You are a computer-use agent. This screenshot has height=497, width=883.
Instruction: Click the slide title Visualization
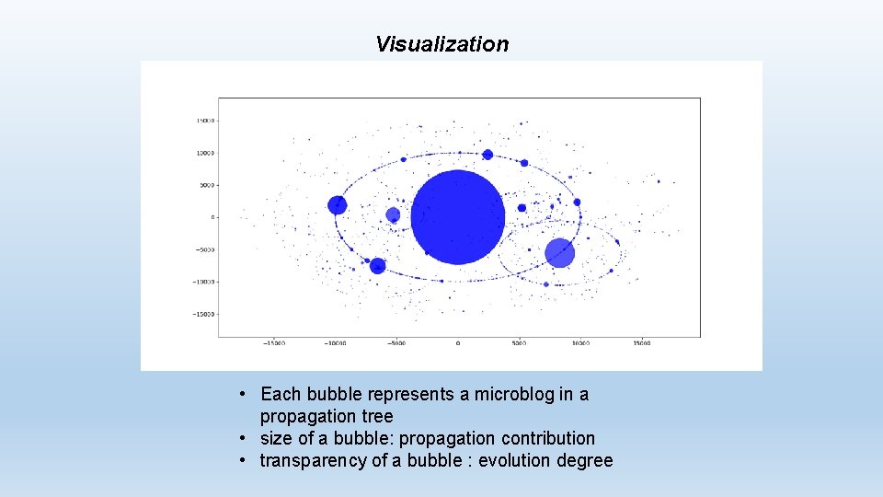coord(441,44)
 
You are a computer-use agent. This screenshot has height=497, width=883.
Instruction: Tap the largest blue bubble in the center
coord(457,217)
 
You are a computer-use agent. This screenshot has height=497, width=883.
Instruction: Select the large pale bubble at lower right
coord(559,253)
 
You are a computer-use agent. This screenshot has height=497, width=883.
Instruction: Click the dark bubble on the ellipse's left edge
coord(338,205)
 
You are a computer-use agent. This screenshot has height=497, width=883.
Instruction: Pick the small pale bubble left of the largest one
coord(393,215)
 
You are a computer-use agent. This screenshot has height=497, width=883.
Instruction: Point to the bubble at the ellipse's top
coord(487,155)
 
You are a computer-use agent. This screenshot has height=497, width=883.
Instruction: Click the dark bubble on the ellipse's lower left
coord(377,266)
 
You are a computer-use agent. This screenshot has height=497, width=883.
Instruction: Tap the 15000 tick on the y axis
coord(204,121)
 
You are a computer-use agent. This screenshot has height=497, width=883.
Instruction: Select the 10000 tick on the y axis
coord(204,153)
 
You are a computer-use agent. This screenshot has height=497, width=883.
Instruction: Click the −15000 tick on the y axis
coord(203,314)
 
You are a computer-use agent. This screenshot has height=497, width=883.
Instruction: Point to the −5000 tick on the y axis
coord(204,249)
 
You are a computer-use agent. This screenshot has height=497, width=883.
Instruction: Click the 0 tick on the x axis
coord(457,343)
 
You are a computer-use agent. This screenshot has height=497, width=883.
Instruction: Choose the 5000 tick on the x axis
coord(519,343)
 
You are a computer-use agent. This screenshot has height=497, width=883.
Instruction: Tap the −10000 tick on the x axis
coord(335,343)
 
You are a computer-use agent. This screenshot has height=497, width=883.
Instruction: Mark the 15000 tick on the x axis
coord(641,343)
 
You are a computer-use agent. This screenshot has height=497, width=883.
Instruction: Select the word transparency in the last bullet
coord(313,460)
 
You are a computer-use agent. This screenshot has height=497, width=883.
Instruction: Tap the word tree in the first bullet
coord(375,416)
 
